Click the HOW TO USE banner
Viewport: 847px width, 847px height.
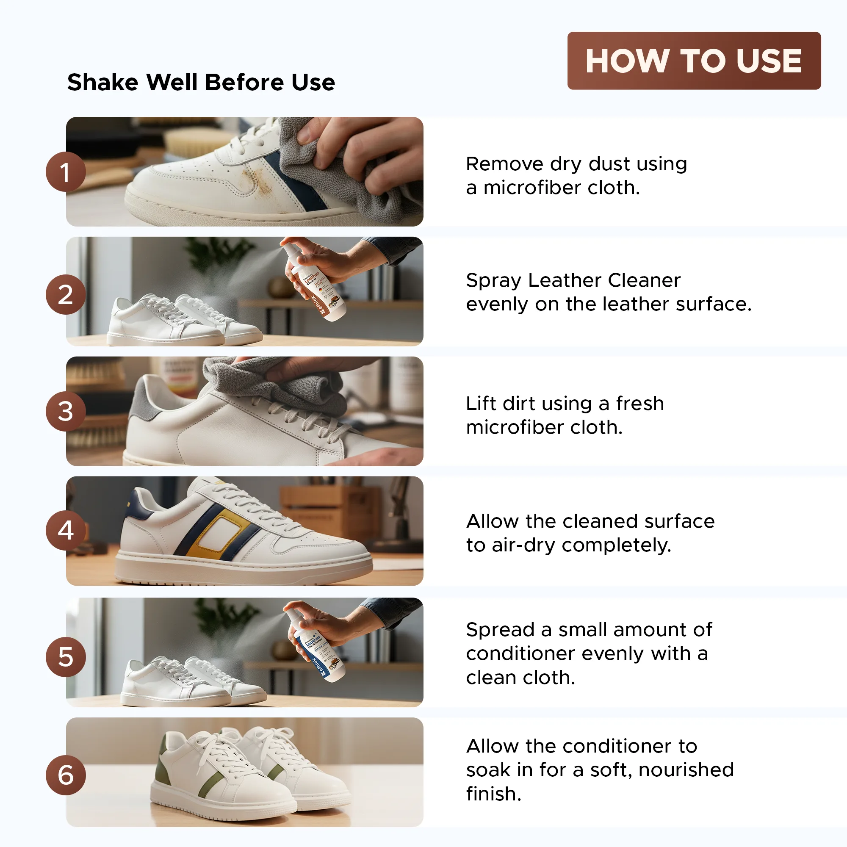(694, 61)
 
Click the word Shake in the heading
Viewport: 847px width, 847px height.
(103, 83)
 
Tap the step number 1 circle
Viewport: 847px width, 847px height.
(65, 172)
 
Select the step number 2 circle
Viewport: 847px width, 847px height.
(65, 294)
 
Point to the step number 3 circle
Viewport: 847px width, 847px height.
(65, 411)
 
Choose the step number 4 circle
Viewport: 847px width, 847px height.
(65, 530)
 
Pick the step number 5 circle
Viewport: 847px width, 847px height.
(65, 656)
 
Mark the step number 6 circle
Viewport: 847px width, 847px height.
(65, 775)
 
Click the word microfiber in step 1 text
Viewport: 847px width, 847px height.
(531, 188)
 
